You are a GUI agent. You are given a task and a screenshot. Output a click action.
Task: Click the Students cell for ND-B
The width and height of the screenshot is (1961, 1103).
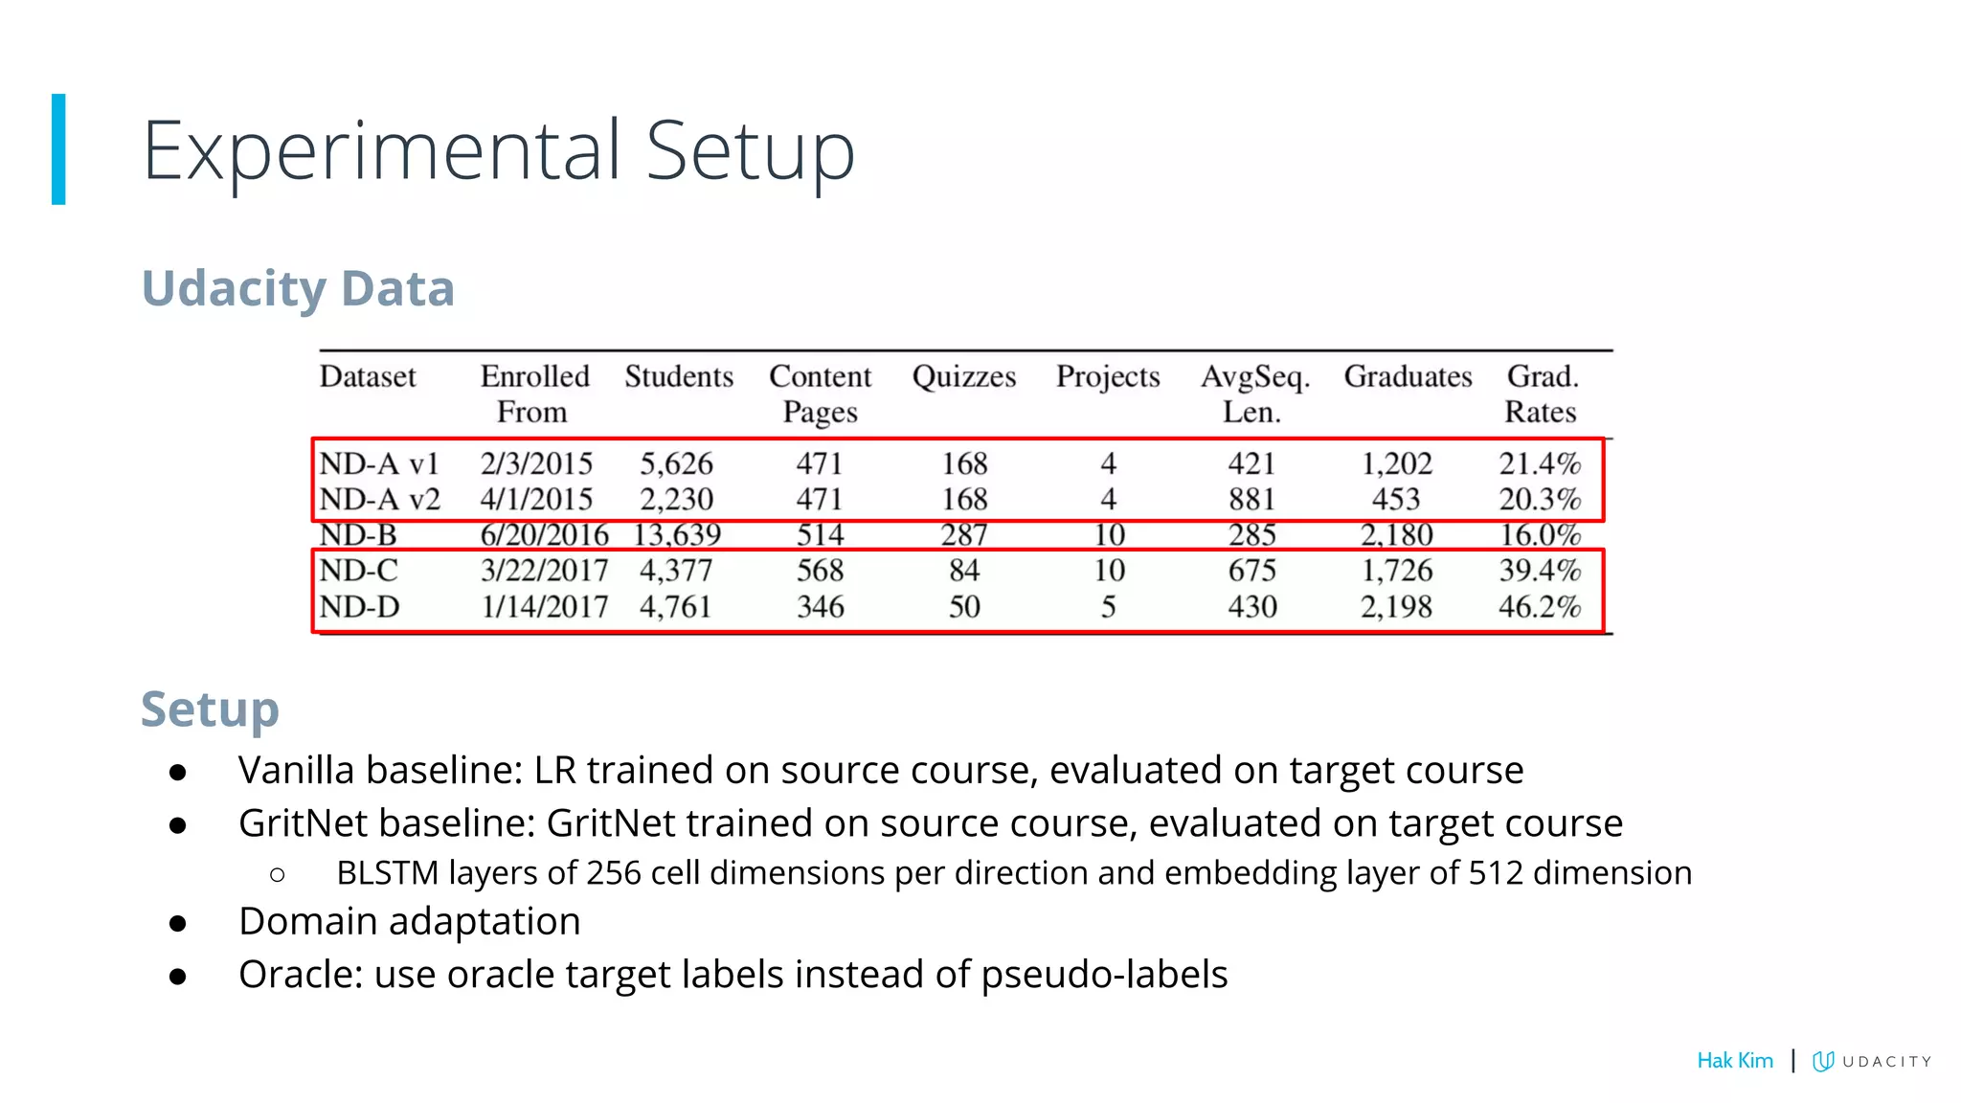coord(677,534)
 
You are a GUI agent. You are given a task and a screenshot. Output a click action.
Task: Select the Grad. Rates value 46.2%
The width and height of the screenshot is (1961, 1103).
coord(1539,606)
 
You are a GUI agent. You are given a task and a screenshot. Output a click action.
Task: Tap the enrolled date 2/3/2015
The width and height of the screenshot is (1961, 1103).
coord(536,463)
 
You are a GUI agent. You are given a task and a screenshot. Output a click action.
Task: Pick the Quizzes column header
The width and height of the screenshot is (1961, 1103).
coord(963,376)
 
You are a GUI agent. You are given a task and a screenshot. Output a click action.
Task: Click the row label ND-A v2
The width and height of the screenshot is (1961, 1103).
coord(379,499)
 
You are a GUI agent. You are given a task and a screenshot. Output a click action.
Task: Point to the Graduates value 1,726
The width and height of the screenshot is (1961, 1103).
coord(1396,571)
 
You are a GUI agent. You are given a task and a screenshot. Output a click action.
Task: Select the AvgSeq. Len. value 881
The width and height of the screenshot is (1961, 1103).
coord(1251,499)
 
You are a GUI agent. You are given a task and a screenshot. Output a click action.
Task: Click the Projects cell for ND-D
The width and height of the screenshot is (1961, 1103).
coord(1108,606)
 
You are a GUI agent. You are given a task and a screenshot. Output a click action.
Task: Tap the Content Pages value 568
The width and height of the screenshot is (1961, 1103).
coord(820,571)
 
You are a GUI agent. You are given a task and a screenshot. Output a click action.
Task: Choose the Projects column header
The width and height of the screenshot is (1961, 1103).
coord(1108,376)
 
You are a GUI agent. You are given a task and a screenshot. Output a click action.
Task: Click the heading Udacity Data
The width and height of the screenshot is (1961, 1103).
coord(298,288)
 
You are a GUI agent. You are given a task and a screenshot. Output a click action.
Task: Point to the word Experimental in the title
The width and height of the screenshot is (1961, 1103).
coord(382,150)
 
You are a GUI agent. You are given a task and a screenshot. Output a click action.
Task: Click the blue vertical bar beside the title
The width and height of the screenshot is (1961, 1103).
coord(58,149)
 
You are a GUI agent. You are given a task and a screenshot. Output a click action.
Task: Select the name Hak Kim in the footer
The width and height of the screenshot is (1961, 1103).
coord(1734,1060)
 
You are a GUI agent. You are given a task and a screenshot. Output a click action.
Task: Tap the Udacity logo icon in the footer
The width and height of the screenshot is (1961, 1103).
coord(1823,1061)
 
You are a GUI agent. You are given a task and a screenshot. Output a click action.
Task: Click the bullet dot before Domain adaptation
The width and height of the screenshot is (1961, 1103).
coord(177,923)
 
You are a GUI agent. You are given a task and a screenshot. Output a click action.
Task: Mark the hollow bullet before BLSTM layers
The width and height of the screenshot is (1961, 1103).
coord(278,874)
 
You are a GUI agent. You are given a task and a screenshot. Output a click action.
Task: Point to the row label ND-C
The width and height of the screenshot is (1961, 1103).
coord(358,571)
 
